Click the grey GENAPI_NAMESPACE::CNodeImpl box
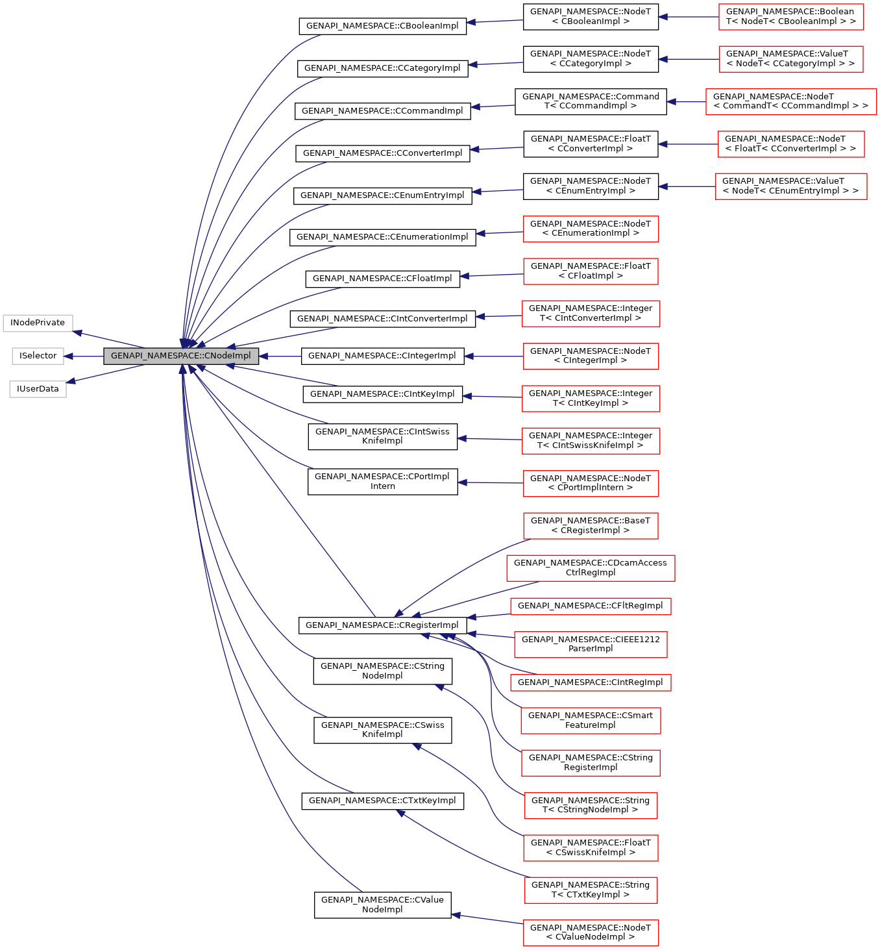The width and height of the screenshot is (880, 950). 181,356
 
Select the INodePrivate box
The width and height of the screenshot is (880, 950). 38,323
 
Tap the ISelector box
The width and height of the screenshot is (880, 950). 38,356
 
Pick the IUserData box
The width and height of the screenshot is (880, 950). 38,389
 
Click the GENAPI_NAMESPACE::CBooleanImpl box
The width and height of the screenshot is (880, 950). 382,26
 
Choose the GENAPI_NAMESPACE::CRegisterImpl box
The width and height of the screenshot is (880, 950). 382,625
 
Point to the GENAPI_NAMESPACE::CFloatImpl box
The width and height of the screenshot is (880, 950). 382,279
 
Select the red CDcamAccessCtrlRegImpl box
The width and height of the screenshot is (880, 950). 590,568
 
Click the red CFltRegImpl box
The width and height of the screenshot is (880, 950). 590,606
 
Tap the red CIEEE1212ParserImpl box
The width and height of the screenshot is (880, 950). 590,644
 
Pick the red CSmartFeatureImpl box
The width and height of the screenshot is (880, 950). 590,720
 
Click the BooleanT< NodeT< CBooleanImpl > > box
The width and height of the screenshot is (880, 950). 790,16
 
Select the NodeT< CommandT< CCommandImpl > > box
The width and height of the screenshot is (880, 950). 790,101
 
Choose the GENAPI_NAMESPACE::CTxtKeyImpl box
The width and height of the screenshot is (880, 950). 382,801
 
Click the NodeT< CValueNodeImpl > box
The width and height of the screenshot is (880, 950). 590,932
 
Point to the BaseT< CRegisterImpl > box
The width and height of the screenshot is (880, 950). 590,525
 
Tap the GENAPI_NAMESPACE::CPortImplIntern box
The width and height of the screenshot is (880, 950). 382,481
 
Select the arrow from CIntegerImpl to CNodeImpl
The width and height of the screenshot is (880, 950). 280,356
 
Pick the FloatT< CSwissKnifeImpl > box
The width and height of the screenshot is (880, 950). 590,847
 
